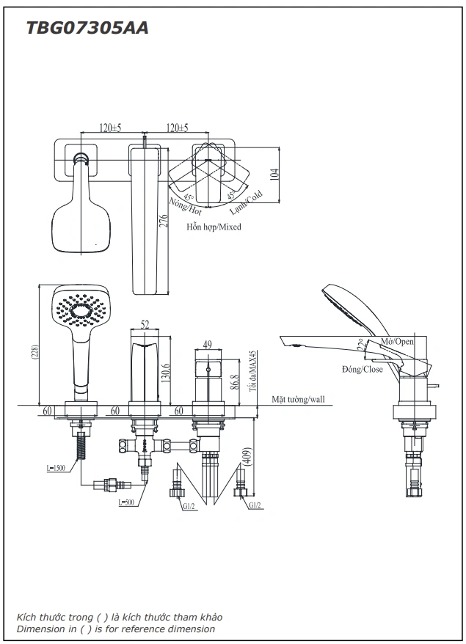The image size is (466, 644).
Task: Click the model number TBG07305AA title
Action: [x=87, y=29]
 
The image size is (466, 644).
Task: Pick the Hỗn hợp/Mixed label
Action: [x=214, y=227]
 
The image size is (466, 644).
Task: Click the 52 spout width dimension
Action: [x=145, y=324]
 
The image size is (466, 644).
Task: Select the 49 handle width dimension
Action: [x=207, y=344]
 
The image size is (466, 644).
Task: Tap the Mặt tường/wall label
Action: [x=297, y=400]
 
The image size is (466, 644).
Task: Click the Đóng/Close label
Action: [x=362, y=369]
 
